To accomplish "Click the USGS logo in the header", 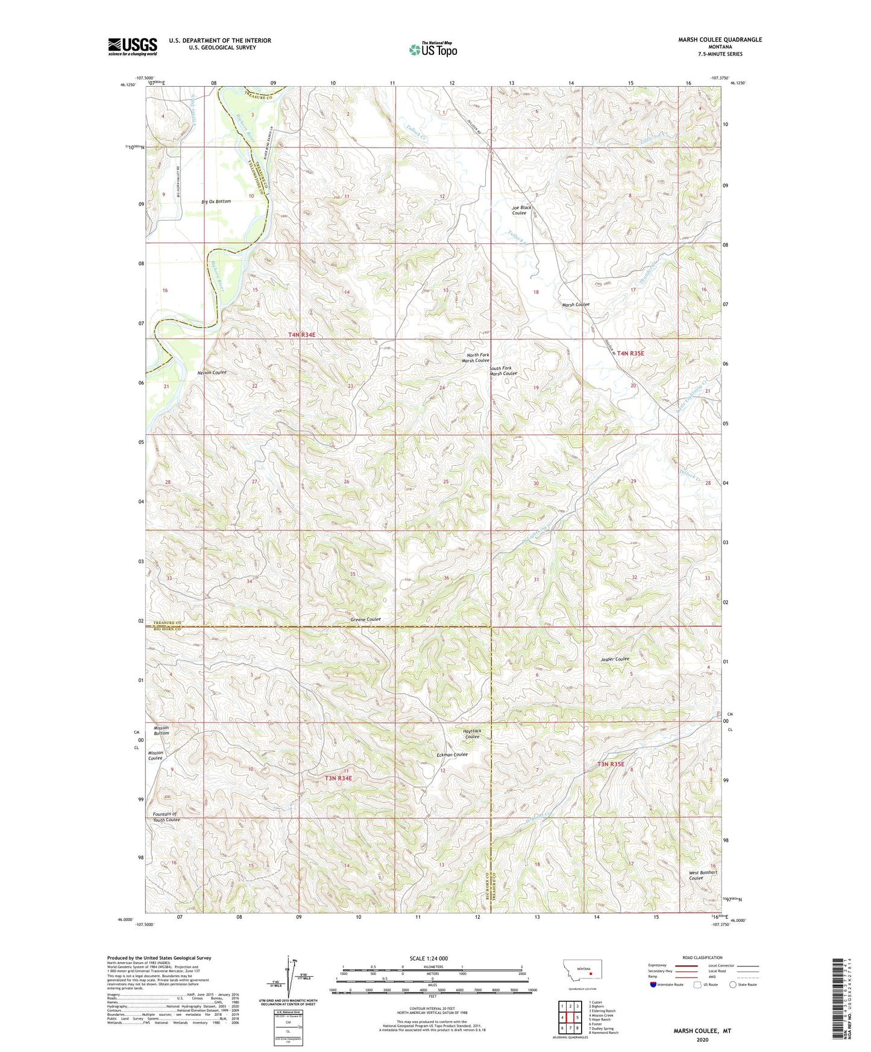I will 133,46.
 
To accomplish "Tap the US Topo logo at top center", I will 433,49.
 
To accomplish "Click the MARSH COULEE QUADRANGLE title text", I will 720,40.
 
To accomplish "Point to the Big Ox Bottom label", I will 216,201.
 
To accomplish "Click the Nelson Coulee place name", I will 212,372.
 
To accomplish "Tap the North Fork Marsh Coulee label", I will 475,358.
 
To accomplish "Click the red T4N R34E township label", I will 301,334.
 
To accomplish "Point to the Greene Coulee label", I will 365,619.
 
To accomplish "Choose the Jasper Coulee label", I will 615,659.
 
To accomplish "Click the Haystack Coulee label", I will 472,733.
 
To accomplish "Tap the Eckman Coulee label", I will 452,754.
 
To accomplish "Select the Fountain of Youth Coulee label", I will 166,816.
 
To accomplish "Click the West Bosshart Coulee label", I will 703,875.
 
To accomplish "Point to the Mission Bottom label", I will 161,730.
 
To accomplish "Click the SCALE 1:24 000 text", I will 429,958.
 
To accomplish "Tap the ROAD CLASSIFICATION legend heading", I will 702,957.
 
